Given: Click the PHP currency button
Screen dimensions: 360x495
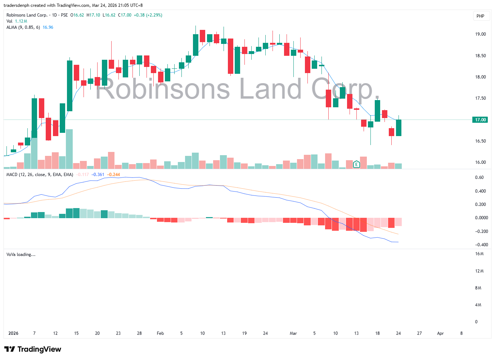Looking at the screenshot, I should [480, 16].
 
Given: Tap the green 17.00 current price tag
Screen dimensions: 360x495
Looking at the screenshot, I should [480, 120].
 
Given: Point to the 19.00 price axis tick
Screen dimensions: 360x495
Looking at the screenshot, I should [480, 34].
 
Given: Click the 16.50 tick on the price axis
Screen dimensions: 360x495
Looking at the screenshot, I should [480, 141].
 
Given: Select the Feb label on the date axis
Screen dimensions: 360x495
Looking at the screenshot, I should [160, 333].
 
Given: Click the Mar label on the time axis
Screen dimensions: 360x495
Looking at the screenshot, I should [293, 333].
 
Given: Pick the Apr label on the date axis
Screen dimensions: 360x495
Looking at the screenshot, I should [440, 333].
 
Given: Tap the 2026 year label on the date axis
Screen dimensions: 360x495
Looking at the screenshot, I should [13, 333].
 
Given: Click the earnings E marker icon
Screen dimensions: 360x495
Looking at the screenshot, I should [356, 165].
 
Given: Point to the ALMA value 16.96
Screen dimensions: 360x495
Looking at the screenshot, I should [48, 27].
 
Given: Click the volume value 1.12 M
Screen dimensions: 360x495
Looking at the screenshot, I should [21, 21].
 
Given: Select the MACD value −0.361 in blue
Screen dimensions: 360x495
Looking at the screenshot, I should [98, 175].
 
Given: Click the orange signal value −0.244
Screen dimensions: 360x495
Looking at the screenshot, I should [114, 175].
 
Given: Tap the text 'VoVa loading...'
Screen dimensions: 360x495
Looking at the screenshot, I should [21, 255].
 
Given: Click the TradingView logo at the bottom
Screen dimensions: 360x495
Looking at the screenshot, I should [33, 349].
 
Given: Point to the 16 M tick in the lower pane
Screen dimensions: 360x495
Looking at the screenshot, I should [479, 254].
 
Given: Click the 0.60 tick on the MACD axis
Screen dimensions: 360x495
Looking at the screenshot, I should [479, 177].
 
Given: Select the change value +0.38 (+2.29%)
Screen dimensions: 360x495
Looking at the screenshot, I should [148, 15].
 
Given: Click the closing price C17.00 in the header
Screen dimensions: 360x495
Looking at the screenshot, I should [125, 15].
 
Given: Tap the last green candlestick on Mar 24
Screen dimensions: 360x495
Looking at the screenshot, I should [399, 128].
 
